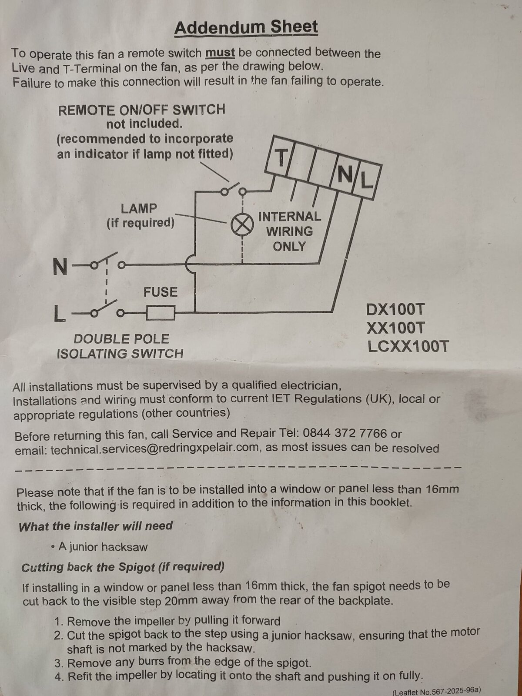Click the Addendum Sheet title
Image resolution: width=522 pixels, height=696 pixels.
coord(246,27)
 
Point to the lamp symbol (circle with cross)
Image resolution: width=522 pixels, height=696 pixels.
coord(242,224)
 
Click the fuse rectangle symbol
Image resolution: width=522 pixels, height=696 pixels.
coord(161,313)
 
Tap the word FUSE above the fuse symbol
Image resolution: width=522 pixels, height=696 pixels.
coord(161,292)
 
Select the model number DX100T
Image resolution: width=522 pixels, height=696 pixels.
coord(395,309)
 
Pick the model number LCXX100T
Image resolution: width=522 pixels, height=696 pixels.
coord(408,347)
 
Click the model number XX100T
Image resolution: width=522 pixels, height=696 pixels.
coord(395,328)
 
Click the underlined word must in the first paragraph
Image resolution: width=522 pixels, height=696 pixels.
coord(220,53)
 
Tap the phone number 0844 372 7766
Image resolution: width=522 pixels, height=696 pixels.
coord(345,433)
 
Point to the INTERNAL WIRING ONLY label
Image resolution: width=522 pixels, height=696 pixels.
coord(290,231)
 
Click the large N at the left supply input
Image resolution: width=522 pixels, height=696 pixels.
coord(60,266)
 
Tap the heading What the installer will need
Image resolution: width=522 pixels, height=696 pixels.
coord(95,526)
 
